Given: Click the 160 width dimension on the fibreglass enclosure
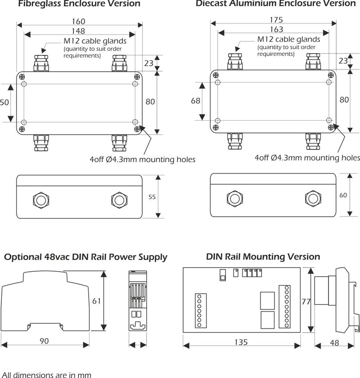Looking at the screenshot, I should tap(78, 22).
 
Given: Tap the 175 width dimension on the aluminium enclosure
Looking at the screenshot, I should tap(276, 20).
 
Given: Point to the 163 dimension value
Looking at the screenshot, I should tap(276, 30).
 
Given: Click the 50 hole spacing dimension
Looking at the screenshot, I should tap(4, 102).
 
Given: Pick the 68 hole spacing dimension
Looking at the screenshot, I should tap(196, 101).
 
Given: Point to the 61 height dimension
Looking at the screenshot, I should tap(97, 301).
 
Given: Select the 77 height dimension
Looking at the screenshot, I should tap(306, 302).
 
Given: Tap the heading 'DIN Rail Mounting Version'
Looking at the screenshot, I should tap(263, 257).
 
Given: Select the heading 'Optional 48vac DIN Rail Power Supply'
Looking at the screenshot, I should tap(85, 257).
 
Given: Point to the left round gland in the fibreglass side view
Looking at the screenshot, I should tap(40, 199).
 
